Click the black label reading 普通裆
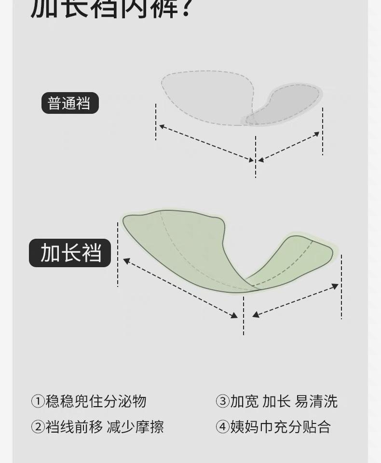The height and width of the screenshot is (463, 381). pos(70,103)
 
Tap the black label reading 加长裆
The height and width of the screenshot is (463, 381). pos(70,253)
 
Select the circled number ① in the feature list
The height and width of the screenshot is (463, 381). pos(38,401)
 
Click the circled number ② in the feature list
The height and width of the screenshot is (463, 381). pos(38,427)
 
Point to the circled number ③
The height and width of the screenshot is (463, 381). pos(222,401)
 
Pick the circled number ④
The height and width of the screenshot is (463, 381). pos(222,427)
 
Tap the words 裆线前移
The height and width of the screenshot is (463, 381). pos(74,427)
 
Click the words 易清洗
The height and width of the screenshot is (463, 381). pos(316,401)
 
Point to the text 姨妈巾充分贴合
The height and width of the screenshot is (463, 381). pos(280,427)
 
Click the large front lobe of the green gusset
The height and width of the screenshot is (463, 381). pos(178,241)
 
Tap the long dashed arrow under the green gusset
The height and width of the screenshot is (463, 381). pos(180,288)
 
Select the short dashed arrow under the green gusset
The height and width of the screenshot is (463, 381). pos(295,300)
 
